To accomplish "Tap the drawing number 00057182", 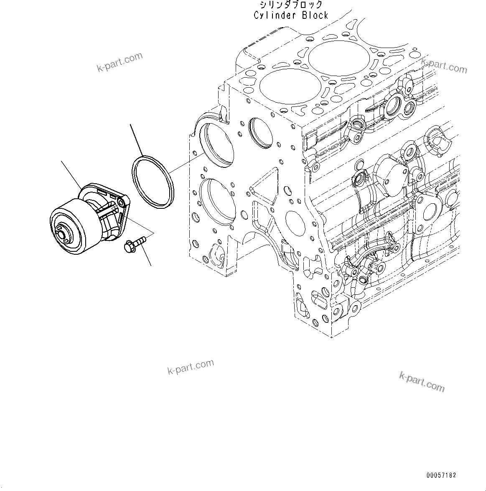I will point(441,475).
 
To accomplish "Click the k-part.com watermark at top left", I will point(120,62).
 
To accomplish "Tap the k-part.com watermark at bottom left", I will point(191,367).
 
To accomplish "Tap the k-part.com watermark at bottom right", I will point(422,381).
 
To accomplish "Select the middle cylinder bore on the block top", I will point(338,58).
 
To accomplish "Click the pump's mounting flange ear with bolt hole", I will point(121,203).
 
